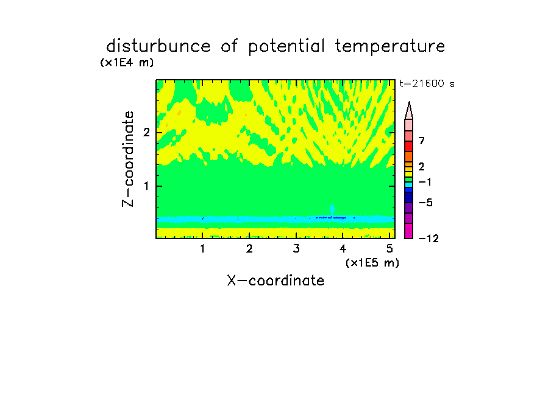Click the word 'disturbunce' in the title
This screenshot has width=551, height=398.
point(158,46)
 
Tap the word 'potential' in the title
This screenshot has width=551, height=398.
point(286,46)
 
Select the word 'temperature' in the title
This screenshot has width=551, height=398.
point(390,46)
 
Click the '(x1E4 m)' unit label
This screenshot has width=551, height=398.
point(127,63)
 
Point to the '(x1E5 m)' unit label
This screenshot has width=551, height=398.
point(372,262)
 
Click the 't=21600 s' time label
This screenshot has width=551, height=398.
point(427,83)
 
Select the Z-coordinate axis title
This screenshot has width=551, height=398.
point(128,159)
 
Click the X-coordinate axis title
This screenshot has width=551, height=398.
point(275,281)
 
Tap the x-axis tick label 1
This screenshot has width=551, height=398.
point(203,248)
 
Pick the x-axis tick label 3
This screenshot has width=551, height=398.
point(296,248)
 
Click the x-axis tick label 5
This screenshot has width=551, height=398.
point(389,248)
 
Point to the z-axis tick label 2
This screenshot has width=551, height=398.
point(146,132)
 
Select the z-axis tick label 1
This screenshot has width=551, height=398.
point(146,186)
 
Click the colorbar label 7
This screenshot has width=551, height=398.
point(422,141)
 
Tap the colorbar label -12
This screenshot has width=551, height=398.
point(428,239)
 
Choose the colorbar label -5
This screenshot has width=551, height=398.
point(425,203)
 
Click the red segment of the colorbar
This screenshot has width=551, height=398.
point(409,146)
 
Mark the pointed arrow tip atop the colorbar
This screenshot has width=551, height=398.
point(409,102)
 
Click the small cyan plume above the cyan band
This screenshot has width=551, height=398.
point(332,210)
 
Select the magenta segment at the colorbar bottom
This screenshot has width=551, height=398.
point(409,231)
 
